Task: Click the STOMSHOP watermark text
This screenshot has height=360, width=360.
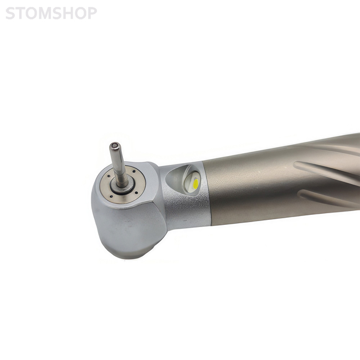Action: pyautogui.click(x=51, y=13)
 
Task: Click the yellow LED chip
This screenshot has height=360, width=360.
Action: pyautogui.click(x=196, y=183)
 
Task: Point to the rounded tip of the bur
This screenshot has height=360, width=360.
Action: pyautogui.click(x=115, y=146)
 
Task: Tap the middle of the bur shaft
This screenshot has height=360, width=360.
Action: pyautogui.click(x=118, y=164)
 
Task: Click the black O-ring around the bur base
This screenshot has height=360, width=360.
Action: pyautogui.click(x=122, y=188)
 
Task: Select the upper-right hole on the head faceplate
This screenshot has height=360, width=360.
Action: pyautogui.click(x=134, y=171)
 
